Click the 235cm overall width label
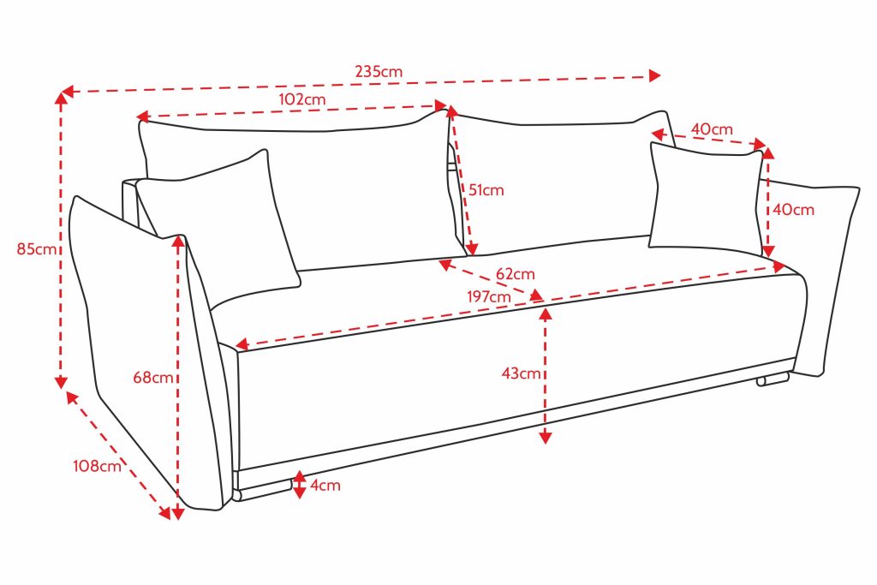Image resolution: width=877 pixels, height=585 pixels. pos(379,72)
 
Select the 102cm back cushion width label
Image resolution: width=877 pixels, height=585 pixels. pos(302,98)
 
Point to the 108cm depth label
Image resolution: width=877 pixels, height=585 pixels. pos(97,467)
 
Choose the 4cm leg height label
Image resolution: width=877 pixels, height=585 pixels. pos(325,486)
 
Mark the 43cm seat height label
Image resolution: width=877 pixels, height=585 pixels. pos(522,373)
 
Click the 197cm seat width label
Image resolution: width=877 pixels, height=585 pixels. pos(490,296)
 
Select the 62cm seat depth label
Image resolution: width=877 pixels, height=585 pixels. pos(515,274)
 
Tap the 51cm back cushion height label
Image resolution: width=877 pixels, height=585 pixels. pos(486,190)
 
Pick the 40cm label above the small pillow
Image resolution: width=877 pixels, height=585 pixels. pos(712,129)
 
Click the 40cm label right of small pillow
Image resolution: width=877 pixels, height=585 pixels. pos(794,209)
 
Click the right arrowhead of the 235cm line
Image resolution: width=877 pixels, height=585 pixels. pos(655,75)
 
